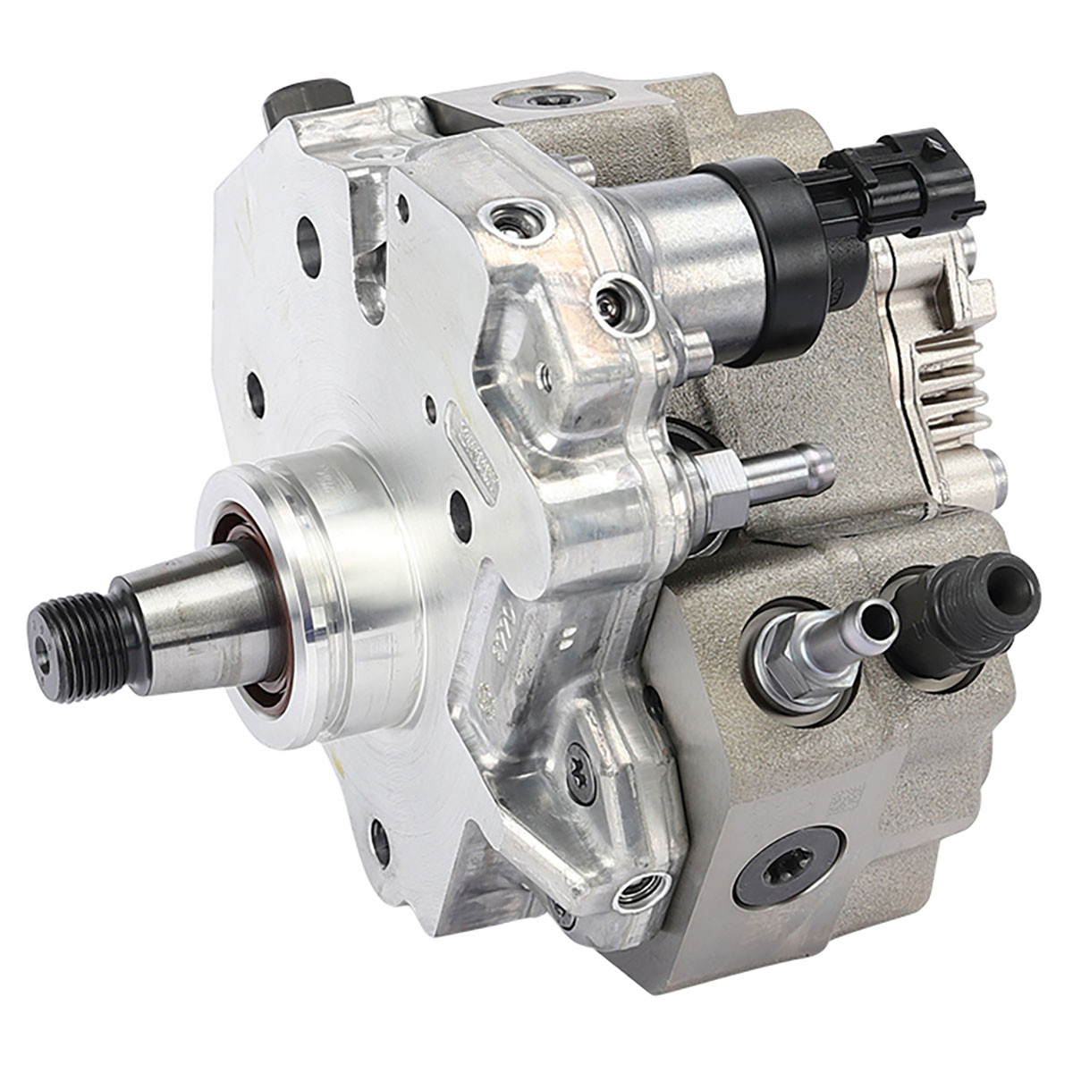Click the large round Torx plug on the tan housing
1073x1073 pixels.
tap(787, 866)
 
